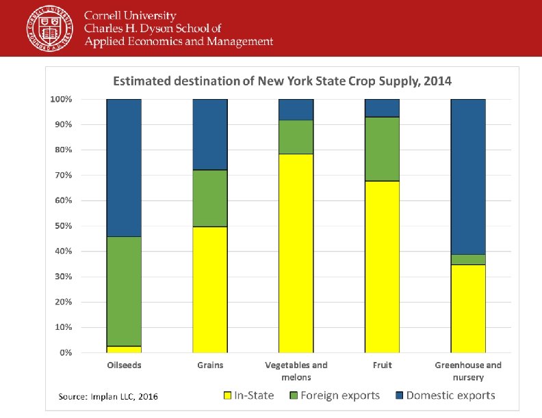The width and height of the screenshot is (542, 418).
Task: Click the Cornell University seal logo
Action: (49, 28)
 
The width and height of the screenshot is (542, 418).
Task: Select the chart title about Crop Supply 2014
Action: (282, 81)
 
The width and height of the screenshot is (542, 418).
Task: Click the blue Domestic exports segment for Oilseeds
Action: (124, 168)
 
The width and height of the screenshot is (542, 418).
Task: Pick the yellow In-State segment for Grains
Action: (210, 290)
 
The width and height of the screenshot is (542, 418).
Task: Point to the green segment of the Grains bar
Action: (210, 198)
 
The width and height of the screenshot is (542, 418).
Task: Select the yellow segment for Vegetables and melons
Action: (296, 253)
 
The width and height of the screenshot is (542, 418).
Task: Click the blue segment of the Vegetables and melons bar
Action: (296, 109)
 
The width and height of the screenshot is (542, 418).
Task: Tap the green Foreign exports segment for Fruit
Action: (382, 149)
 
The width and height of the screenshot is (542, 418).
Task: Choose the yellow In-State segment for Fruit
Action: (382, 266)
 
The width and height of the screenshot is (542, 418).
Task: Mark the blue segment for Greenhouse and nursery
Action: (468, 176)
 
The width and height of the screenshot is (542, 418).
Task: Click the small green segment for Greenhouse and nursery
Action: (468, 260)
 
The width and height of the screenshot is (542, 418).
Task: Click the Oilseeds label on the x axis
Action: (124, 365)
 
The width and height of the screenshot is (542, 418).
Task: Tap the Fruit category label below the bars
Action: (382, 365)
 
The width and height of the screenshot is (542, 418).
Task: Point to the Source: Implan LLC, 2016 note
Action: (108, 396)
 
